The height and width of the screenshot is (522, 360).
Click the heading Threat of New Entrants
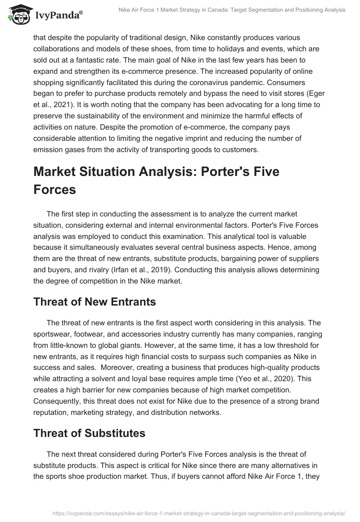[x=94, y=302]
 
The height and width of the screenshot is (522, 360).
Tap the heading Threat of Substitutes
[x=89, y=433]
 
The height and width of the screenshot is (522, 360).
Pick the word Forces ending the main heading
[x=55, y=189]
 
